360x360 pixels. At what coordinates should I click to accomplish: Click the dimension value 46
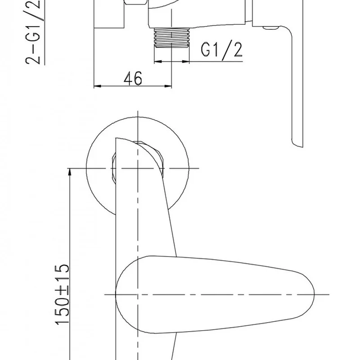133,78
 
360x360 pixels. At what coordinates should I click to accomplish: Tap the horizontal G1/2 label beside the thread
221,49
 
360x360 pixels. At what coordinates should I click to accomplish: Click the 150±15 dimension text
62,295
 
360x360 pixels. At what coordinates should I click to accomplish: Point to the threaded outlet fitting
172,37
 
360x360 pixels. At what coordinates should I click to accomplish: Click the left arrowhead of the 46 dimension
98,86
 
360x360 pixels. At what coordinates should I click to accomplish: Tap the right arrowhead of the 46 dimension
168,86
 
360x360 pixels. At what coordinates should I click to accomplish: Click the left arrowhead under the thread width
158,62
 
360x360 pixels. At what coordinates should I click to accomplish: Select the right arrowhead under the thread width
185,62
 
